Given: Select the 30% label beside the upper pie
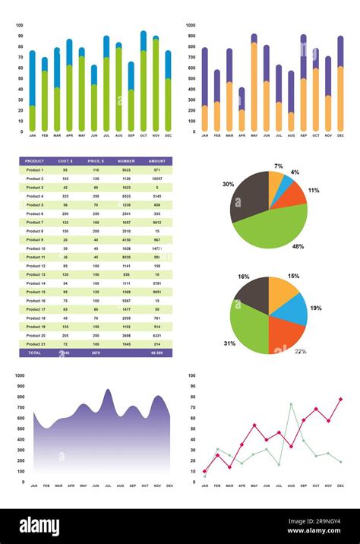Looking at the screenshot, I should point(228,184).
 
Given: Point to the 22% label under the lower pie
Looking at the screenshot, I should point(300,351).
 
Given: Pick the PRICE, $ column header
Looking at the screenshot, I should point(96,161).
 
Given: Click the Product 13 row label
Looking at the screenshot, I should point(34,274).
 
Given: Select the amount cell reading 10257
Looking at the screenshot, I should point(156,179).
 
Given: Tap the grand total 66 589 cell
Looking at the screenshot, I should point(156,353).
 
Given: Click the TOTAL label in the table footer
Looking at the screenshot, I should point(34,353).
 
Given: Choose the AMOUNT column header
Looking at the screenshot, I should point(156,161).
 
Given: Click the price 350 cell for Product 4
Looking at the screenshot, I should point(96,196).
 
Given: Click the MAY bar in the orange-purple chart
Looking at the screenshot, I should point(254,84).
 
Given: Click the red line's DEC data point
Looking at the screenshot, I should point(340,399).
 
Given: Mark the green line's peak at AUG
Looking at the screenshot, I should point(291,404).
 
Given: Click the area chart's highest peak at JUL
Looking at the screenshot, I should point(107,391).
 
